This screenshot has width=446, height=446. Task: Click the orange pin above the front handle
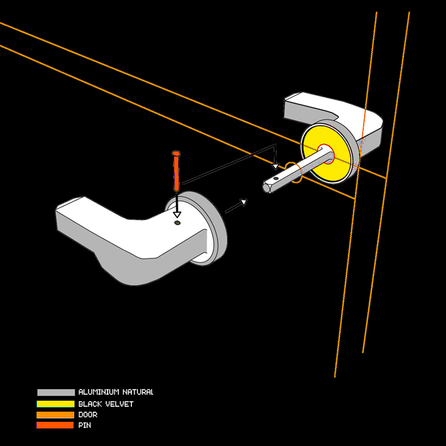point(177,173)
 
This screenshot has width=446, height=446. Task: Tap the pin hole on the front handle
point(177,222)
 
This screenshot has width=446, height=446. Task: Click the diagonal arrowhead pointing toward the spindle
point(244,202)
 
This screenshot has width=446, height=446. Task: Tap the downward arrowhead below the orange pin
point(177,214)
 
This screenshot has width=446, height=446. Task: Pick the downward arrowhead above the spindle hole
point(276,165)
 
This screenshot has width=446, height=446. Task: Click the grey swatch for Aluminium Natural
point(56,393)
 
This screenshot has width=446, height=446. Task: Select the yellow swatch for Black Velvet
point(56,404)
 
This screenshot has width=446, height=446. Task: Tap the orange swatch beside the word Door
point(56,415)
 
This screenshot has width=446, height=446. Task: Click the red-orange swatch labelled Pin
point(56,425)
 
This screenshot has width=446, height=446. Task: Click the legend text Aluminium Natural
point(116,393)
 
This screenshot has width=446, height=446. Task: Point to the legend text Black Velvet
point(106,404)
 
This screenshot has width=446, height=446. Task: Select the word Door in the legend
point(88,415)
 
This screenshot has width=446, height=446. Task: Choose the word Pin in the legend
point(85,425)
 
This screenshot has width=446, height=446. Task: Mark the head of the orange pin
point(176,154)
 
